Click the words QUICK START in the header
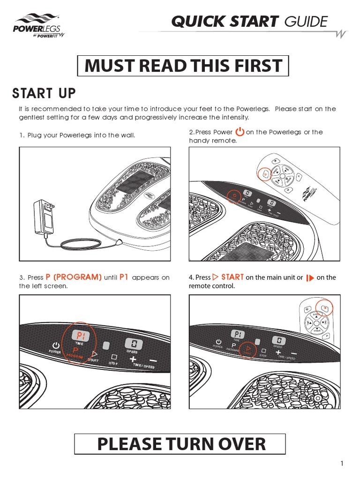(x=225, y=21)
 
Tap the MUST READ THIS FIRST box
(x=183, y=66)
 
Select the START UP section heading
(x=44, y=93)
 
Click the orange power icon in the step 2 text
(x=239, y=132)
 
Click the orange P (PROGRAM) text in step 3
(x=74, y=277)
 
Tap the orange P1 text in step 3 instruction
(x=124, y=277)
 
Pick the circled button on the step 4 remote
(x=324, y=307)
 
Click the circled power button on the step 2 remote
(x=265, y=174)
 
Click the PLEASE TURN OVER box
(x=180, y=443)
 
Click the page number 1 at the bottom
(x=342, y=464)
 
